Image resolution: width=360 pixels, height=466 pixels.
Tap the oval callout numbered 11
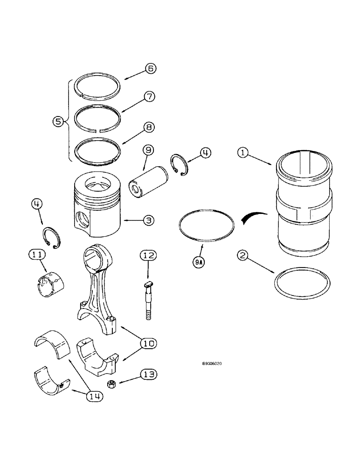pyautogui.click(x=37, y=254)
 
